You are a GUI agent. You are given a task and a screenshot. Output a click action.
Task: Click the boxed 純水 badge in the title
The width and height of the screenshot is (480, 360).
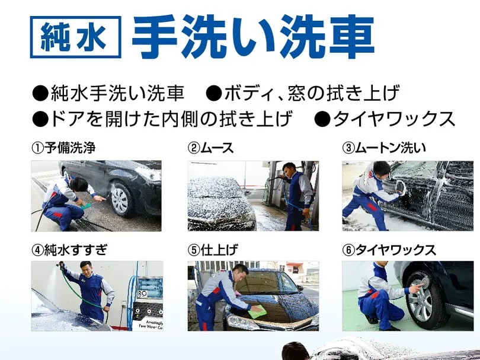75,37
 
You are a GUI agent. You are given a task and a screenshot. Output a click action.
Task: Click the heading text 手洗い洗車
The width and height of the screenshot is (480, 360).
252,37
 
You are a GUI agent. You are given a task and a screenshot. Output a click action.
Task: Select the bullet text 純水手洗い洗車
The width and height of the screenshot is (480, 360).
110,94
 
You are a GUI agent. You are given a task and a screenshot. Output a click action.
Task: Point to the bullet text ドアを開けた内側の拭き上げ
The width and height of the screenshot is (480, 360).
163,119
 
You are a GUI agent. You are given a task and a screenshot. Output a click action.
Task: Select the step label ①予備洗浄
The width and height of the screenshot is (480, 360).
63,148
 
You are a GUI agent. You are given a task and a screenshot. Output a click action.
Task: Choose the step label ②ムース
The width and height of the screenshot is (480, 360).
211,148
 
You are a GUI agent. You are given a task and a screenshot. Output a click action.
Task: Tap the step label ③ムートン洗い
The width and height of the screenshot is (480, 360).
385,148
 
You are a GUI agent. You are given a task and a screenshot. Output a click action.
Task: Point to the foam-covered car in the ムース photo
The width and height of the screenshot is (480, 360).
219,202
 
